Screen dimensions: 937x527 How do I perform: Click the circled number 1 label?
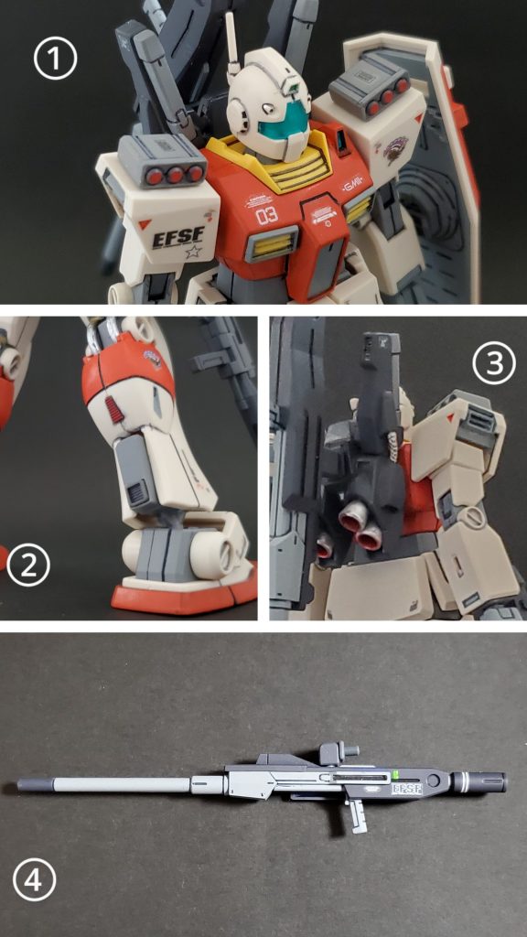pos(55,59)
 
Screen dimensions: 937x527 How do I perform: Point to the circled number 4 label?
pos(34,882)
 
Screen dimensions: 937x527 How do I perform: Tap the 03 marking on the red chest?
pos(266,217)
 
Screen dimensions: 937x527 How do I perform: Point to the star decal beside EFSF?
pos(193,250)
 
